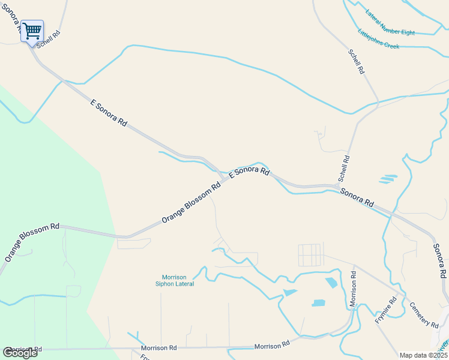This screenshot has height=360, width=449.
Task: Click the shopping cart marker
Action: pos(32,30)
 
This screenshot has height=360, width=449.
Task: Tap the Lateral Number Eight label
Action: pos(390,21)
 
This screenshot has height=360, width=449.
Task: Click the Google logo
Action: pos(20,353)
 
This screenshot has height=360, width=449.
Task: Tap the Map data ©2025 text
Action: pos(423,355)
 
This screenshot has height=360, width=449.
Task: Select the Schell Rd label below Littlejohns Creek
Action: pos(357,62)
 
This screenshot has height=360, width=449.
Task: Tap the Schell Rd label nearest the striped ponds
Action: pos(344,169)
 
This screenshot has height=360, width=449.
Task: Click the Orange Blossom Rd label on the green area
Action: pos(32,242)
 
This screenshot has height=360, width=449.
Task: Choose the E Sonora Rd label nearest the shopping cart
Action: pos(109,113)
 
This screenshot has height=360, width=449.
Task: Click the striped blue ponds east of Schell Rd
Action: pos(388,179)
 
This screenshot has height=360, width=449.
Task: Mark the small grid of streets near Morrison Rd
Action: pos(311,255)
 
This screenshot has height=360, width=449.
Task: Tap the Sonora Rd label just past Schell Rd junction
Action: pos(357,196)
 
